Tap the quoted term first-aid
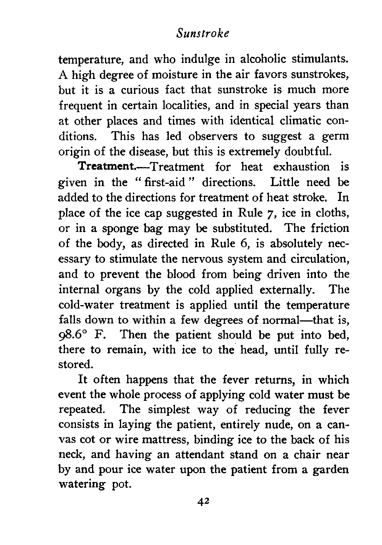pos(169,182)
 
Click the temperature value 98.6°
pos(78,335)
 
